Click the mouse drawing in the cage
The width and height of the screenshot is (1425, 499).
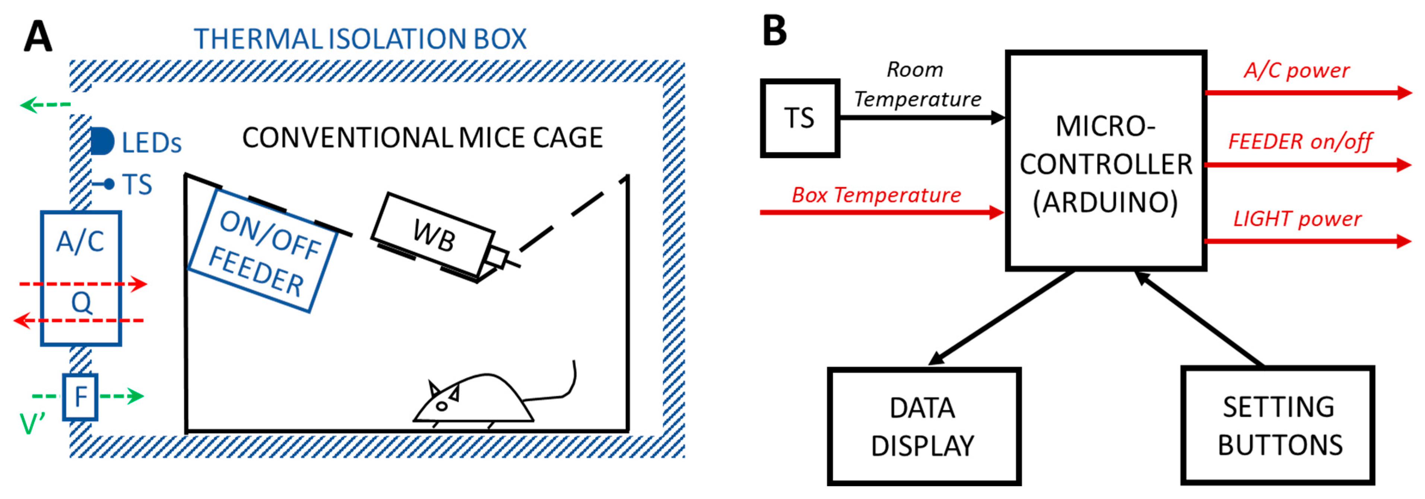coord(476,398)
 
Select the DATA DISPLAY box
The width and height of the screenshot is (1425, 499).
coord(923,426)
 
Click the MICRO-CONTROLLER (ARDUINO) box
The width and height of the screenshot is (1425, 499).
coord(1106,160)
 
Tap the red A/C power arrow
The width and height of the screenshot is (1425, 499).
coord(1305,92)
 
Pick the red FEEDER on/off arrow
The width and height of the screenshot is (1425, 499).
coord(1305,164)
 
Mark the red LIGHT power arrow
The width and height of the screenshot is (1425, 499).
coord(1305,241)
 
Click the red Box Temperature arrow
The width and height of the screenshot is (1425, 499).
coord(880,212)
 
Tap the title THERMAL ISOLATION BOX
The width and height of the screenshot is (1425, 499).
coord(359,39)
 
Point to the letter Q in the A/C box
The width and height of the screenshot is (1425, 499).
coord(81,303)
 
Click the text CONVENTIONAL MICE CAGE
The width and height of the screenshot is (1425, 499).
coord(422,138)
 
